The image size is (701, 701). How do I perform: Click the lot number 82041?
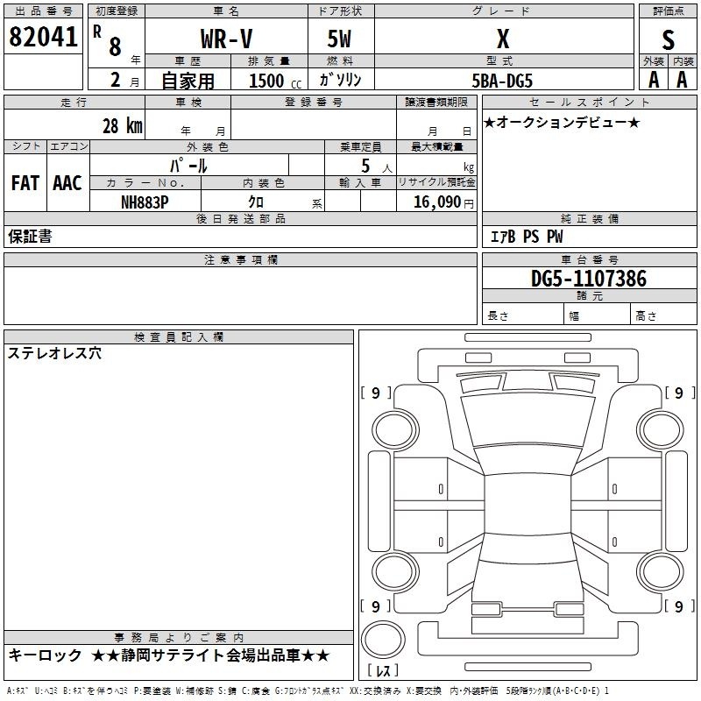[43, 37]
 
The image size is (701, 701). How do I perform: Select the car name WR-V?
[226, 39]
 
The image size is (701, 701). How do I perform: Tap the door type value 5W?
[339, 39]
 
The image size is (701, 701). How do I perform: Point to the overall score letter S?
[668, 40]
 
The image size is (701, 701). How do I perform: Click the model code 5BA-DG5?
[502, 81]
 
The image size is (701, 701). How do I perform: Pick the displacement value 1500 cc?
[275, 81]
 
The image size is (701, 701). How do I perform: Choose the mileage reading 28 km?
[123, 126]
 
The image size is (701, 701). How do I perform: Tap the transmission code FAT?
[25, 183]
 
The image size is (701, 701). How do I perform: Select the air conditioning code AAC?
[67, 183]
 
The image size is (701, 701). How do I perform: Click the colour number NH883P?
[145, 202]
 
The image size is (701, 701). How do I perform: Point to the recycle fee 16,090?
[436, 202]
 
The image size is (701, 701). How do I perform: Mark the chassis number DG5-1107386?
[588, 279]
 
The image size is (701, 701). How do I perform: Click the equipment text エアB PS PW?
[527, 237]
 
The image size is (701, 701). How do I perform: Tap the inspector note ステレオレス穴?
[54, 353]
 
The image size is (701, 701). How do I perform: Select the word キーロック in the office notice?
[45, 655]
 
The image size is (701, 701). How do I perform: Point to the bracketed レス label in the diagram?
[383, 669]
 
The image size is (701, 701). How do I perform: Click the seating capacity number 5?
[365, 166]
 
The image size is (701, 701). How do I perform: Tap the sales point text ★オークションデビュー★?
[562, 123]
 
